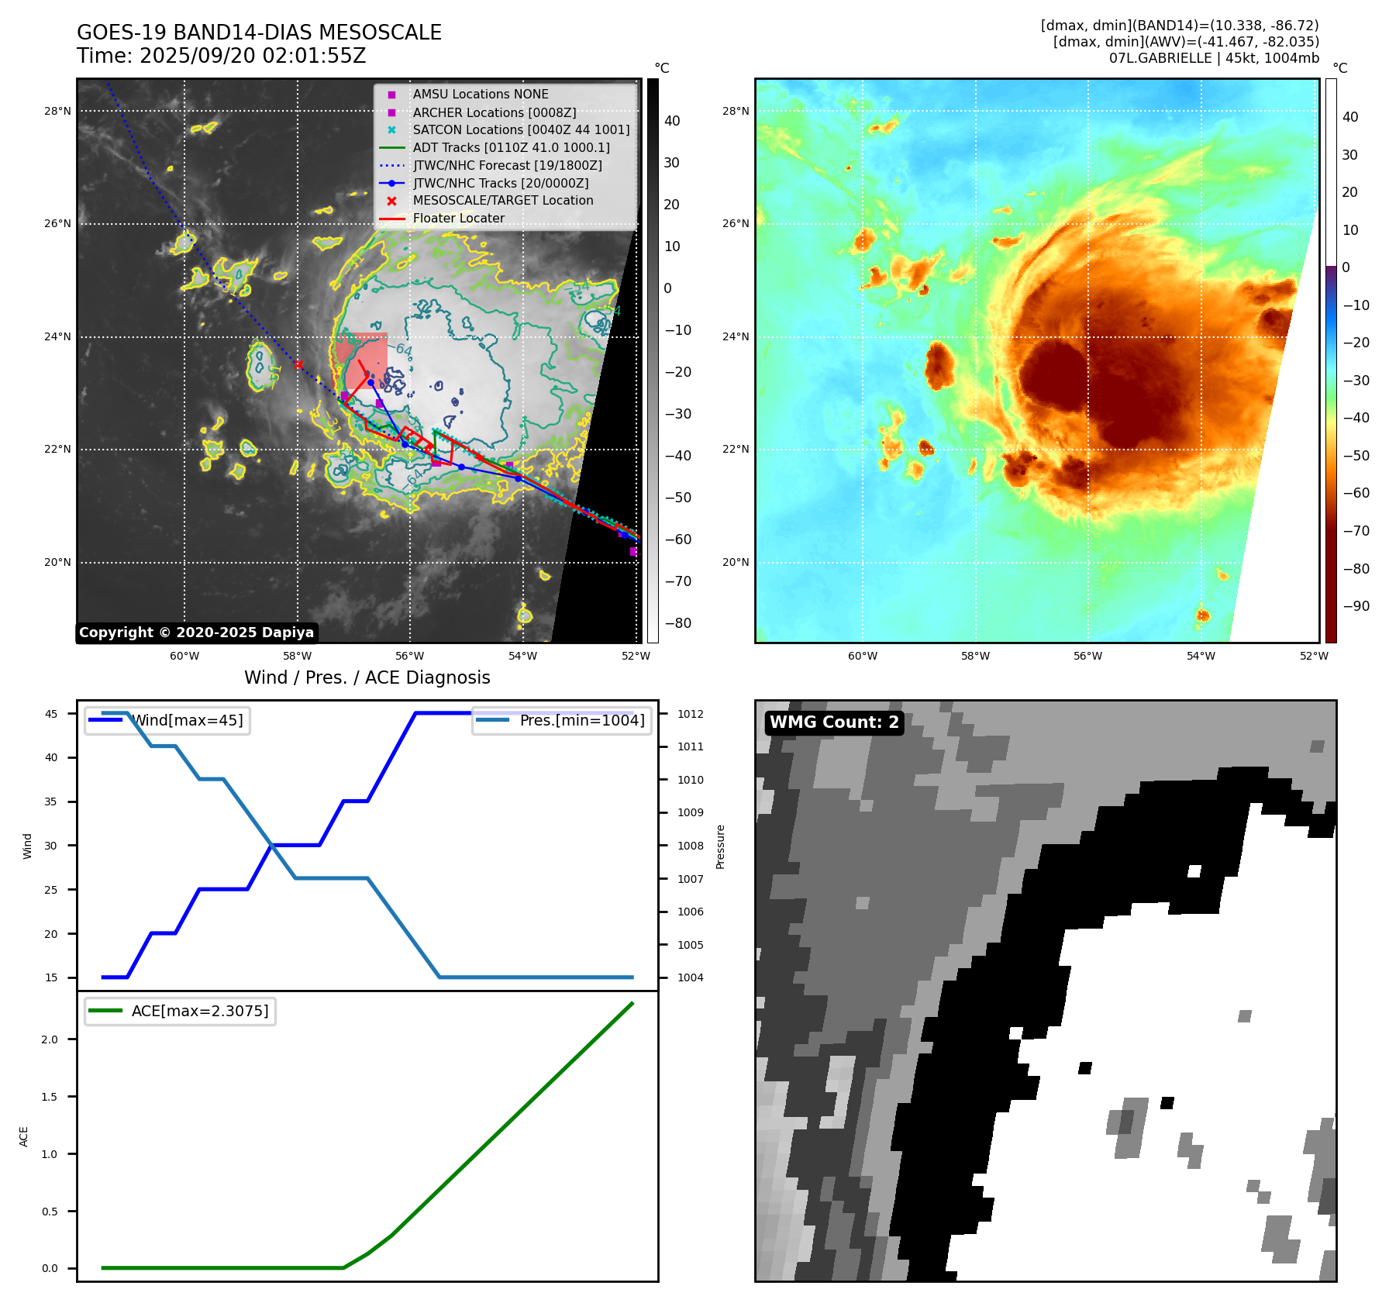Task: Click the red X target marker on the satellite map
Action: (x=298, y=364)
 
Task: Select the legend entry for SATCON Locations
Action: (x=521, y=130)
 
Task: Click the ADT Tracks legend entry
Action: (x=511, y=148)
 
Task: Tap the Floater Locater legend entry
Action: (x=458, y=219)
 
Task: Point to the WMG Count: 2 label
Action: (x=834, y=722)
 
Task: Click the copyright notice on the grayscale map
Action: (x=196, y=633)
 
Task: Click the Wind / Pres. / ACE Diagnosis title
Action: (x=367, y=677)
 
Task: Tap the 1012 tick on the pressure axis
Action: (x=691, y=714)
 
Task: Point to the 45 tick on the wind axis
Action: (x=51, y=714)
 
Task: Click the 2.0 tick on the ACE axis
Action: (x=50, y=1039)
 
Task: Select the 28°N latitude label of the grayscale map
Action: (x=57, y=112)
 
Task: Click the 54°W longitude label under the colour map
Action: (x=1201, y=656)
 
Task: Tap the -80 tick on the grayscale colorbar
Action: (x=678, y=623)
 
